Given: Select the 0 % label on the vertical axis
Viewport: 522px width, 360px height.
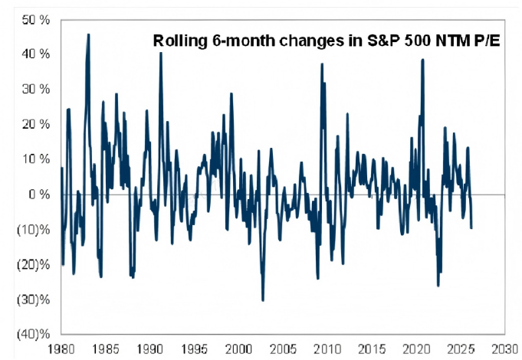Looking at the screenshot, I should pos(38,195).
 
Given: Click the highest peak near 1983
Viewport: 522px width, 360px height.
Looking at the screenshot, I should pos(88,34).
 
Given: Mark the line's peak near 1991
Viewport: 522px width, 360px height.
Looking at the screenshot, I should pos(160,54).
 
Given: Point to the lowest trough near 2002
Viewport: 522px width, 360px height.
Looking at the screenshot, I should pos(262,300).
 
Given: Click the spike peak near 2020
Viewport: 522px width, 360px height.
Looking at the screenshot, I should pos(422,60).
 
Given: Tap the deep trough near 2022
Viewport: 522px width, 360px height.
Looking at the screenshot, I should pos(438,286).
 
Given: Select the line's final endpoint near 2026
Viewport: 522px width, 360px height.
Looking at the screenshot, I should pos(471,227).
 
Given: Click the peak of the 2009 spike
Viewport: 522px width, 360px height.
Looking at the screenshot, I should pos(321,64).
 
